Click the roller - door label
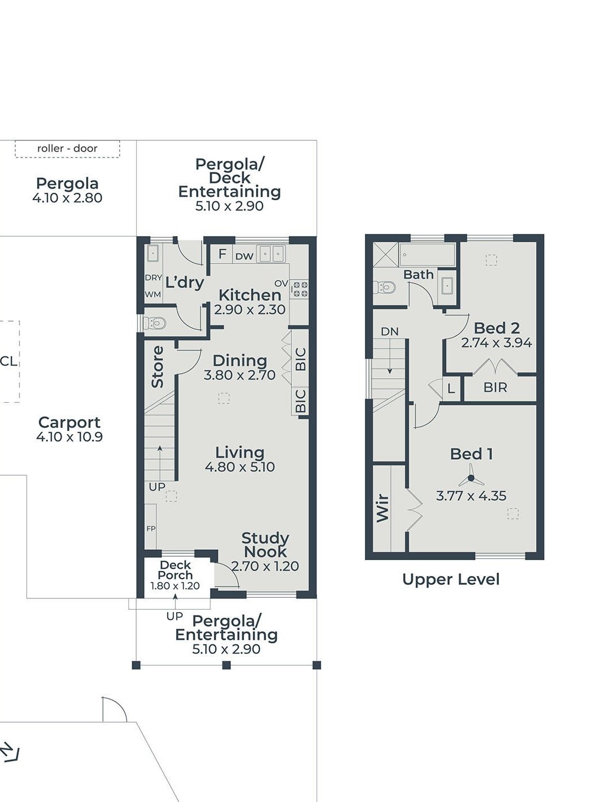[x=67, y=148]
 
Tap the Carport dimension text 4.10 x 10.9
[x=70, y=436]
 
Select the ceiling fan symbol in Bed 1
[x=471, y=477]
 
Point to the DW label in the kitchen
[x=245, y=256]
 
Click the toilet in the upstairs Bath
[x=384, y=287]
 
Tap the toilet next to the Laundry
[x=155, y=322]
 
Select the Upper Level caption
[x=450, y=579]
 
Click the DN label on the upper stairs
[x=389, y=331]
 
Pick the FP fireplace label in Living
[x=151, y=529]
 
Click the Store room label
[x=157, y=367]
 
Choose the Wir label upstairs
[x=383, y=508]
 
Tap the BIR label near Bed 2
[x=495, y=388]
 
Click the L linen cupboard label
[x=451, y=388]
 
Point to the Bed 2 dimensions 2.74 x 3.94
[x=497, y=342]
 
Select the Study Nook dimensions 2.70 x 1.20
[x=265, y=566]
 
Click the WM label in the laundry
[x=153, y=294]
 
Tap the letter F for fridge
[x=222, y=254]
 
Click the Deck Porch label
[x=175, y=570]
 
